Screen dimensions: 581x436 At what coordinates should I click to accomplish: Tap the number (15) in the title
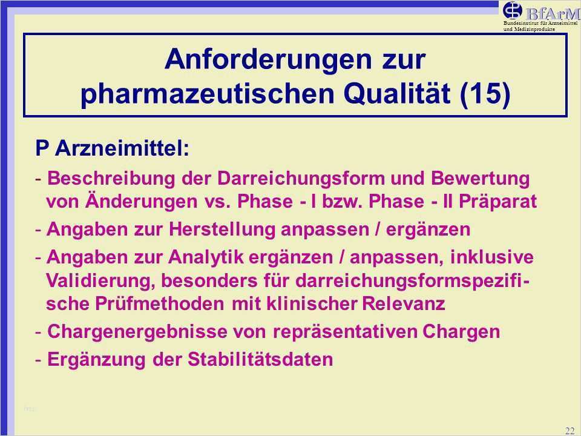485,93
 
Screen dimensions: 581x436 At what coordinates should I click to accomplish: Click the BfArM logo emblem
513,10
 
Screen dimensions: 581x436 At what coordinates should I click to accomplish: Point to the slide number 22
570,431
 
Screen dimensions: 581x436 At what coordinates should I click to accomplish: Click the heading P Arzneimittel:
113,148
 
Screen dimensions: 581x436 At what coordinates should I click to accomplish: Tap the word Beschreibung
111,178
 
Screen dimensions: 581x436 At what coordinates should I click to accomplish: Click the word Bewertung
480,178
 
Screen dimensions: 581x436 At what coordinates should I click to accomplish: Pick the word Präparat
497,201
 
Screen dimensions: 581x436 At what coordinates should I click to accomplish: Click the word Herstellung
222,229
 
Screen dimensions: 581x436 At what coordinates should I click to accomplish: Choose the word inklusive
491,257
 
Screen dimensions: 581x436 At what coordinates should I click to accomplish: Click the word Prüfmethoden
159,303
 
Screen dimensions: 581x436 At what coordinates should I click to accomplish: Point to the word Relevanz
403,303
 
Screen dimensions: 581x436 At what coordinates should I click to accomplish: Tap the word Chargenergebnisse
137,331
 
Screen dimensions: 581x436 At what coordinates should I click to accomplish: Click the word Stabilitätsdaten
260,359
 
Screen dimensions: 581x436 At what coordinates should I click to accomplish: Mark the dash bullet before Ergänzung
39,360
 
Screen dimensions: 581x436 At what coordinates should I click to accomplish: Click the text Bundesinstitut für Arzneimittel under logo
540,23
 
